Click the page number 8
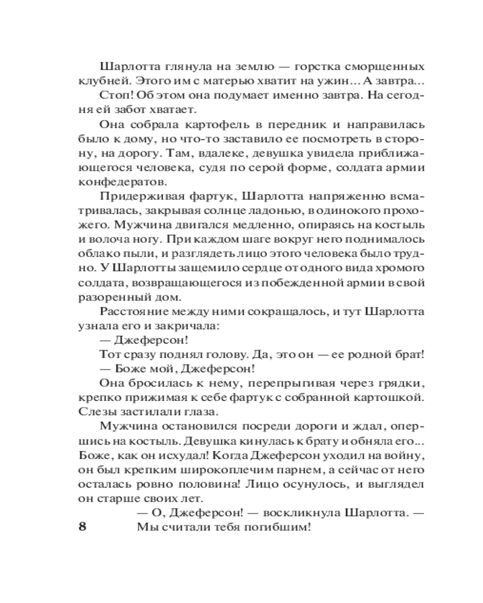point(83,526)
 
